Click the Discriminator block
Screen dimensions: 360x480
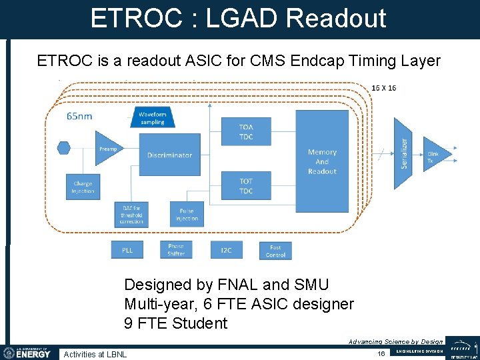[x=169, y=155]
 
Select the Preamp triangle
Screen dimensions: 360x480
[x=107, y=149]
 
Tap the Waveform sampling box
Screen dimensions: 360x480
[x=153, y=117]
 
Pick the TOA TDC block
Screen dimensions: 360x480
[x=246, y=132]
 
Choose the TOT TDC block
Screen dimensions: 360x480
[x=246, y=186]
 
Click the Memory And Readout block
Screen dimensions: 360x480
[x=322, y=162]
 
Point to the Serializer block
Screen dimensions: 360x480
[x=404, y=153]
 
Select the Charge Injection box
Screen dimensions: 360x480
[x=83, y=187]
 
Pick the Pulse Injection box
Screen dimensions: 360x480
[x=187, y=215]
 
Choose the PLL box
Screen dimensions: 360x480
[x=127, y=251]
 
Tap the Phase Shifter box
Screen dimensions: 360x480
[x=176, y=249]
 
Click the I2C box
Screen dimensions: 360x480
[x=226, y=251]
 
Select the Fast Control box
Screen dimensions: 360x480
[x=275, y=251]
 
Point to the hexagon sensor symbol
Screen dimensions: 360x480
[x=64, y=147]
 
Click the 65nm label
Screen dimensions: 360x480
[x=79, y=116]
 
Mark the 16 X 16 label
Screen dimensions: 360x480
[x=384, y=88]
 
